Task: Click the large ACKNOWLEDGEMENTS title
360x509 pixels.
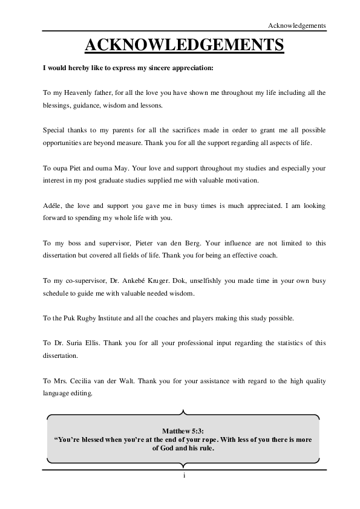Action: point(184,45)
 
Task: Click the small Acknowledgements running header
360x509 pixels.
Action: point(297,25)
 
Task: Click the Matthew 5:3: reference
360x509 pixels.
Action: point(183,430)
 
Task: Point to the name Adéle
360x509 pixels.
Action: point(53,206)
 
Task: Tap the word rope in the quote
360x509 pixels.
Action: point(209,439)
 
